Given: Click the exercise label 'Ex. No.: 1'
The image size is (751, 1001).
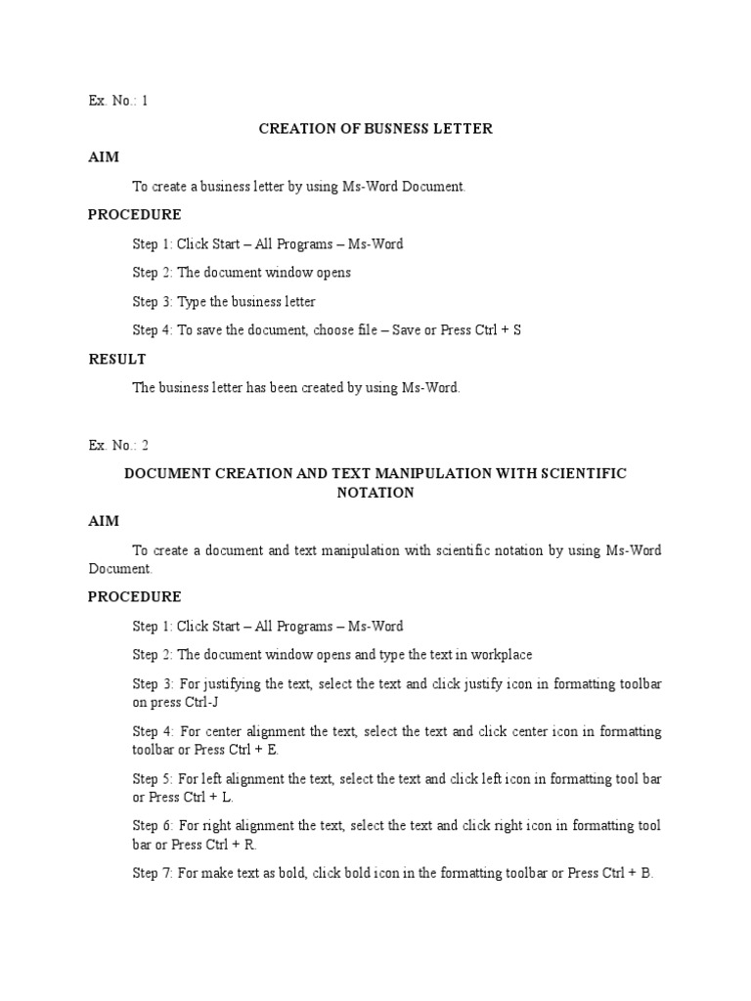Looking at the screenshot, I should tap(118, 100).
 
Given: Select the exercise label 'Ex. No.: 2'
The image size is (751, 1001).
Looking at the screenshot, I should tap(118, 445).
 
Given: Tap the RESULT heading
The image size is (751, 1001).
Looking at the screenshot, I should tap(117, 359).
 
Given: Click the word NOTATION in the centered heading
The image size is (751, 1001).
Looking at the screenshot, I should tap(375, 493).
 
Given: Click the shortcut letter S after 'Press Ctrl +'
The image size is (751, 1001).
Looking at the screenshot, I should tap(517, 330).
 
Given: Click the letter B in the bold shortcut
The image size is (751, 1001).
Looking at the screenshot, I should tap(646, 873).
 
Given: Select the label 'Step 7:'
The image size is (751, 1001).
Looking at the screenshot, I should tap(153, 873).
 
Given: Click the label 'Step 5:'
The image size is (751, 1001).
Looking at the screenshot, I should tap(153, 779).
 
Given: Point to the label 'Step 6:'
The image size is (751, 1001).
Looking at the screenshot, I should tap(153, 826).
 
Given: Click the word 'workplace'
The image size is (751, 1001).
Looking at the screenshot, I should tap(503, 654).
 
